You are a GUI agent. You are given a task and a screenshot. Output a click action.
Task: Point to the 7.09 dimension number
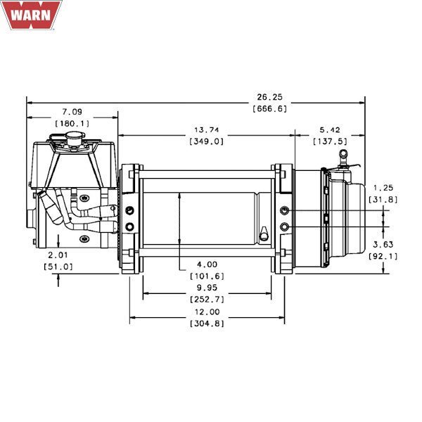[72, 111]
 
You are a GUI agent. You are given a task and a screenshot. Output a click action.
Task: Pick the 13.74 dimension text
[206, 129]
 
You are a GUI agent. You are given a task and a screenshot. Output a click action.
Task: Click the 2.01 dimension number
[59, 255]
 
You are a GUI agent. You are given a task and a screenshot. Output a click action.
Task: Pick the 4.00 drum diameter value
[207, 264]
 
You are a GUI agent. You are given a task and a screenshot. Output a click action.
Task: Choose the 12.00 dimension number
[207, 312]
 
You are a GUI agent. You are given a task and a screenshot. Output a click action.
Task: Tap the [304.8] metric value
[207, 323]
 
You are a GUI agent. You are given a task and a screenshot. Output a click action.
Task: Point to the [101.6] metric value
[207, 276]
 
